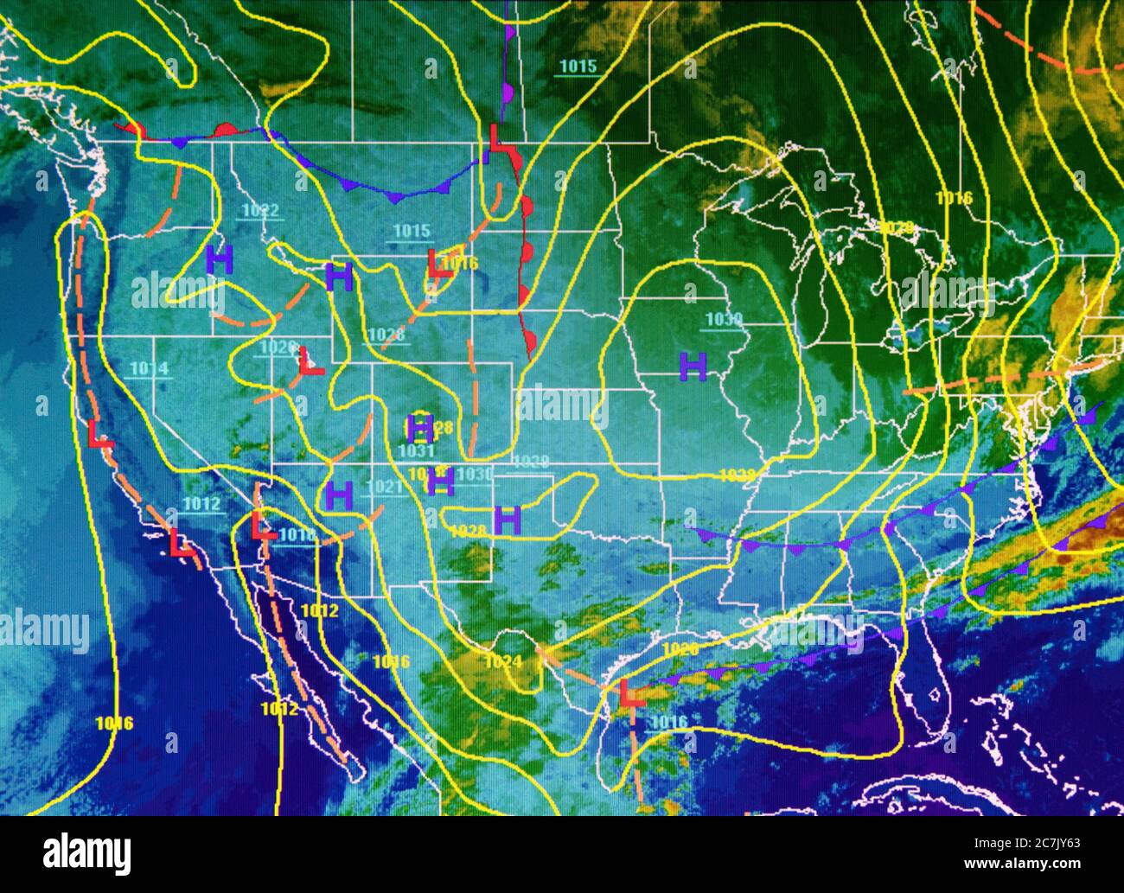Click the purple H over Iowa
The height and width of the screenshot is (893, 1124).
pos(693,367)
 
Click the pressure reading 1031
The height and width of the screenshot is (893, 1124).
pos(417,450)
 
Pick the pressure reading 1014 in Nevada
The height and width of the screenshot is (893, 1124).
pos(149,369)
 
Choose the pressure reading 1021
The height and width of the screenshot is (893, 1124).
pos(386,488)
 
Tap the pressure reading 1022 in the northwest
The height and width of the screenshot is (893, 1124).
pos(260,210)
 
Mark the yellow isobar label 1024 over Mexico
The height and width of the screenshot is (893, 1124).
pos(503,662)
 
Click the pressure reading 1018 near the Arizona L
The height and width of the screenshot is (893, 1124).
pos(297,535)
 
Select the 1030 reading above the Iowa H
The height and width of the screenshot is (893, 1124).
pos(724,320)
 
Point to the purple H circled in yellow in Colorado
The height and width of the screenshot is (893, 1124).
pos(421,426)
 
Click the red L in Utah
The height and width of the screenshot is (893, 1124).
pos(310,361)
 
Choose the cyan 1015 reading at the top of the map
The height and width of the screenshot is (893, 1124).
pos(578,66)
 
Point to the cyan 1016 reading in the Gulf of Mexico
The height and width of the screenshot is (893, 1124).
pos(668,723)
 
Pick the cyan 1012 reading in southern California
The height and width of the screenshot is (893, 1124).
pos(201,505)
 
